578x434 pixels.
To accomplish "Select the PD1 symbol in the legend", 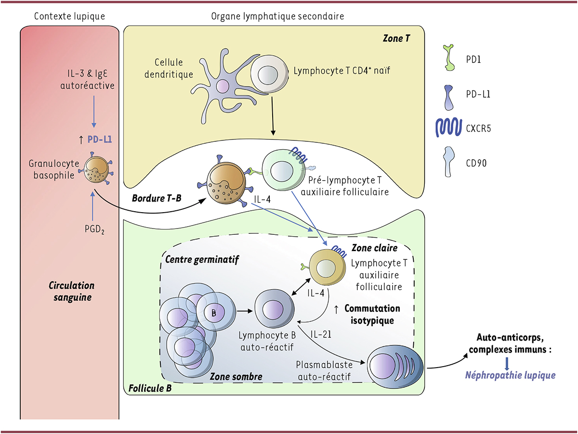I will tap(450, 58).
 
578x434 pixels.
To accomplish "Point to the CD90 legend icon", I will tap(450, 162).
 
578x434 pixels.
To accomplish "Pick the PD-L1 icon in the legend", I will tap(450, 94).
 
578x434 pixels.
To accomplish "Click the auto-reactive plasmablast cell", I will tap(395, 363).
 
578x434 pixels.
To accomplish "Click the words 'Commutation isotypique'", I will tap(371, 314).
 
